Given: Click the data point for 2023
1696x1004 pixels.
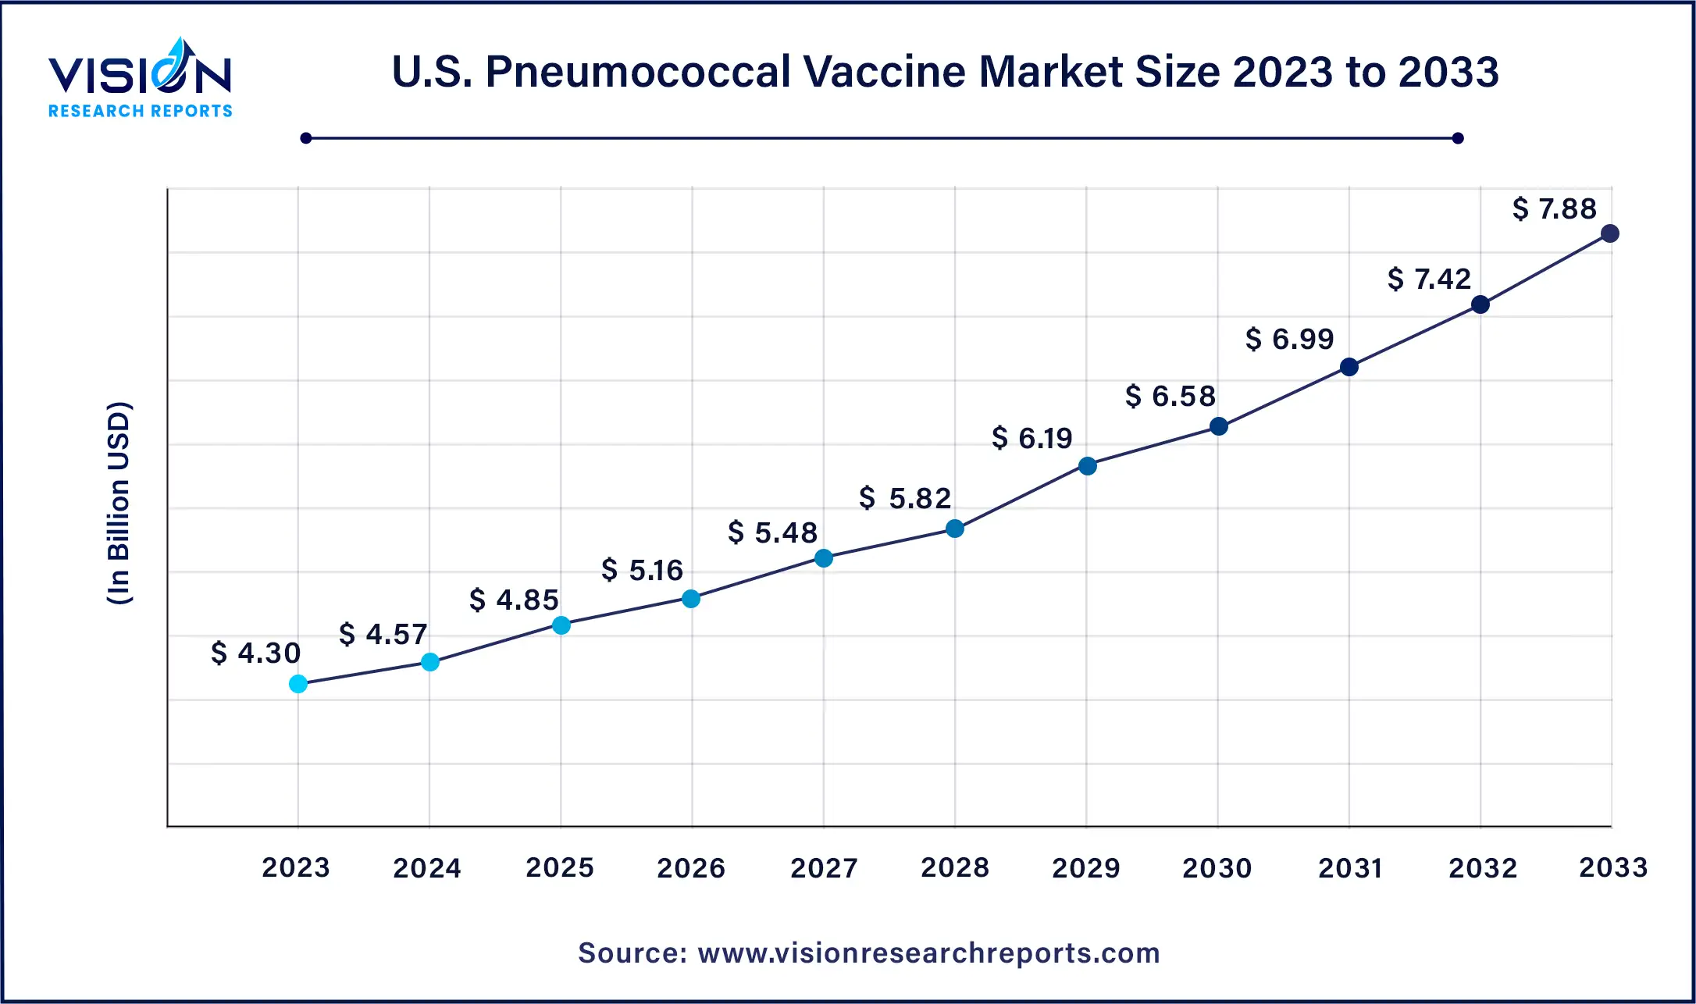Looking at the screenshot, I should pos(298,684).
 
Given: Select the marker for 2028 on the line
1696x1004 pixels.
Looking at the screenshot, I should pos(954,529).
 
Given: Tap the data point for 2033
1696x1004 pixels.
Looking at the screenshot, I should pos(1609,233).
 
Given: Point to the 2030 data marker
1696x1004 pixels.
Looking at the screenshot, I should pos(1218,426).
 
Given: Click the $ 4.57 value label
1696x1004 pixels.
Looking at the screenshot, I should pos(383,634).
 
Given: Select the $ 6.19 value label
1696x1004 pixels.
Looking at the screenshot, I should pos(1032,438).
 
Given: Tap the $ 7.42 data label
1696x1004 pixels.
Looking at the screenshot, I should pos(1429,279).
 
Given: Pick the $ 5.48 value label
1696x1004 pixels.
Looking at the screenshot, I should pos(772,532).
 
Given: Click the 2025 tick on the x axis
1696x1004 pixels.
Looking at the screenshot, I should pos(560,867).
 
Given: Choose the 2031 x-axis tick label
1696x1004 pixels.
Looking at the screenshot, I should pos(1350,867).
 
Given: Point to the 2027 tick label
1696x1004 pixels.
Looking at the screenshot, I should pos(824,867).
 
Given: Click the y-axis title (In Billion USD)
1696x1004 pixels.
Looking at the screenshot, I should pos(119,504).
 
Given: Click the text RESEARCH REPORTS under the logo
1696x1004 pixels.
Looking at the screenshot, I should pos(141,111).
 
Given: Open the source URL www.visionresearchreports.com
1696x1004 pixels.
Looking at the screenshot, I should pos(928,953).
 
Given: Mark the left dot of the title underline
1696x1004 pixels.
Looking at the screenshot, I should pos(306,138).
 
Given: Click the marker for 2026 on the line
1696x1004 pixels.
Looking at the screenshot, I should pos(691,599).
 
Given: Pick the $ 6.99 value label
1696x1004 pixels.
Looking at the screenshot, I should pos(1289,339).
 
